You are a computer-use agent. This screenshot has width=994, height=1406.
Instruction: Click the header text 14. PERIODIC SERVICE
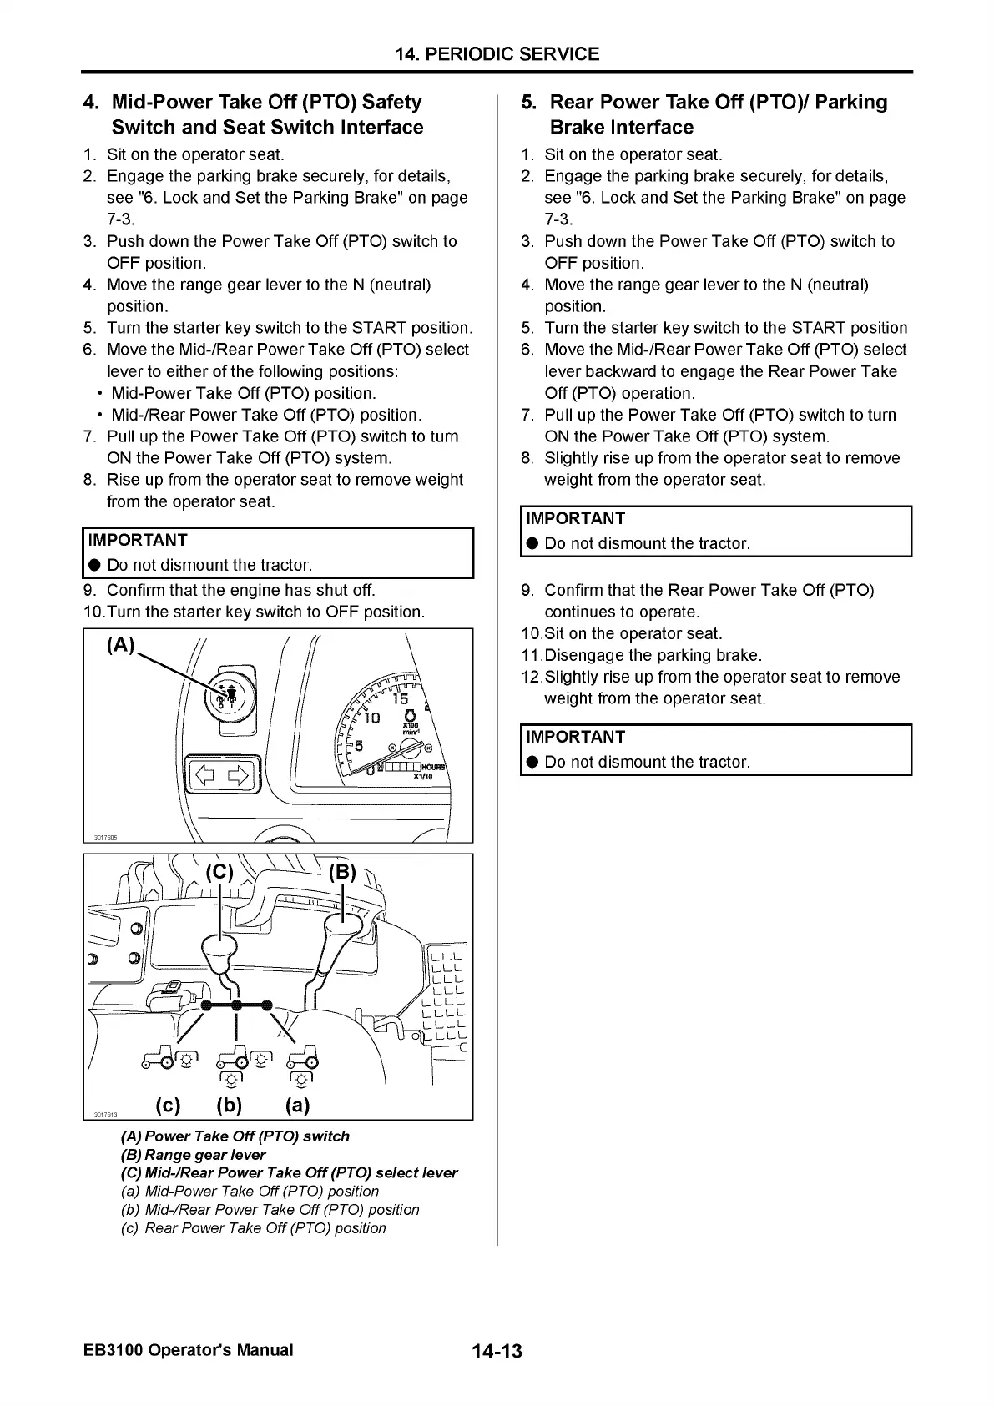tap(497, 54)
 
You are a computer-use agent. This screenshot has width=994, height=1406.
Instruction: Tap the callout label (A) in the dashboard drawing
tap(121, 646)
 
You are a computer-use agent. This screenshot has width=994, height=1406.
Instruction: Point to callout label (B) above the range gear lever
tap(342, 873)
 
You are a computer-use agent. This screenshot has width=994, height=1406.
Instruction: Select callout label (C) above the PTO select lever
tap(220, 873)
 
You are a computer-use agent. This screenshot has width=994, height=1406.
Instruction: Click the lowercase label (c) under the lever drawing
tap(168, 1106)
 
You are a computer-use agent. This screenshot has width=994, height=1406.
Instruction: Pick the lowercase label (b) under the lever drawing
tap(230, 1106)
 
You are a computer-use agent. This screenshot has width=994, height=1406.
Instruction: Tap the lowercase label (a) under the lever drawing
tap(297, 1106)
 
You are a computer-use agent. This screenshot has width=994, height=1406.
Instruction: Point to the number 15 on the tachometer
tap(401, 699)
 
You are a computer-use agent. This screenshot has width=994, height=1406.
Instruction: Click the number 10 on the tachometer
tap(371, 718)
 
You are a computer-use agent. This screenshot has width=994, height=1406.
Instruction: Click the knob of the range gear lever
tap(343, 925)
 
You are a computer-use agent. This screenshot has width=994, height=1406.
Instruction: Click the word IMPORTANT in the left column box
tap(138, 540)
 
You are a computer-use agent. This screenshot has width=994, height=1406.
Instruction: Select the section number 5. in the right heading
tap(529, 102)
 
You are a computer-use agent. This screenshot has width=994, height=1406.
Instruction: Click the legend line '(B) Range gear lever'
tap(194, 1155)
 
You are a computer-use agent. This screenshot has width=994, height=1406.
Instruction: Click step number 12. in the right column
tap(531, 677)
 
